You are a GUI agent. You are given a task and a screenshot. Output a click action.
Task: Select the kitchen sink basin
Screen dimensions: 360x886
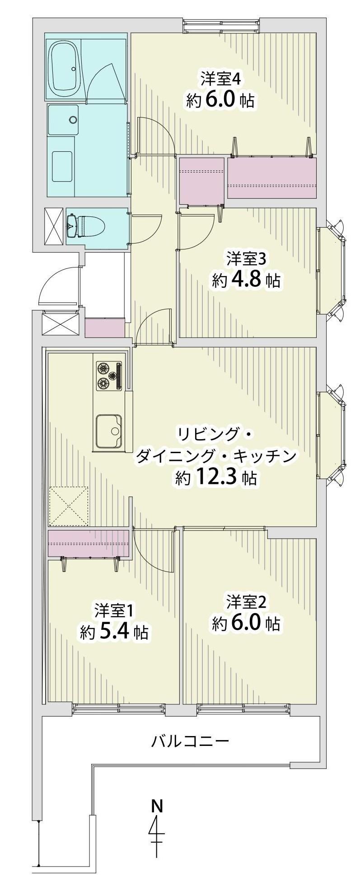click(x=109, y=431)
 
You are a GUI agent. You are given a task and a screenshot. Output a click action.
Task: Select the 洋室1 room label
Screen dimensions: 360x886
click(x=113, y=611)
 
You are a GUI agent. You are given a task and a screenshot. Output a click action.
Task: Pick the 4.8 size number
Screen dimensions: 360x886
click(x=246, y=281)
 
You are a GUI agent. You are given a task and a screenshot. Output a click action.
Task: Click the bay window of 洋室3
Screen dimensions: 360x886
click(x=332, y=270)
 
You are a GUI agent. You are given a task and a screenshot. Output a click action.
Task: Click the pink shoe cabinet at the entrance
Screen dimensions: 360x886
click(x=104, y=328)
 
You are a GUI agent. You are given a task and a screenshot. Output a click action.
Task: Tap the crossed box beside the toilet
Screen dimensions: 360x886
click(x=53, y=225)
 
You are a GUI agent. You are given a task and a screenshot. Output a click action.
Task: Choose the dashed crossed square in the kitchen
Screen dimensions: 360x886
click(x=69, y=506)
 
